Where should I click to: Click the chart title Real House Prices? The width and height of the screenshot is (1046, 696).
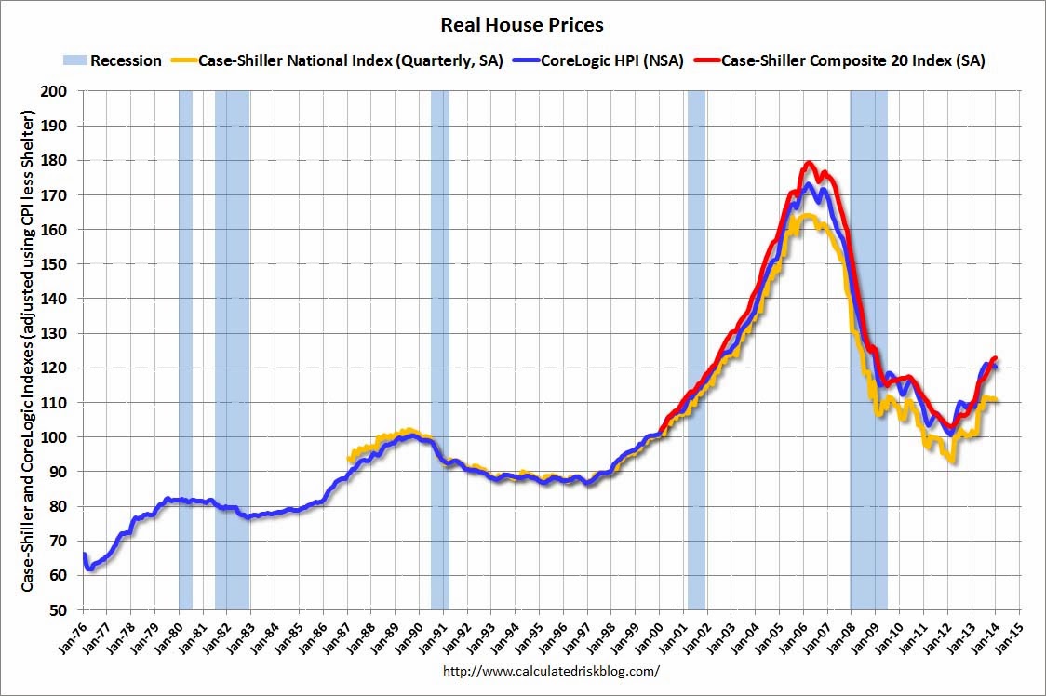523,24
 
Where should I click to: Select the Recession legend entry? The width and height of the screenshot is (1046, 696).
113,61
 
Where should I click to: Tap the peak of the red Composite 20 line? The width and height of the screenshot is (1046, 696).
809,164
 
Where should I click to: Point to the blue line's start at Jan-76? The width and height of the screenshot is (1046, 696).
85,555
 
